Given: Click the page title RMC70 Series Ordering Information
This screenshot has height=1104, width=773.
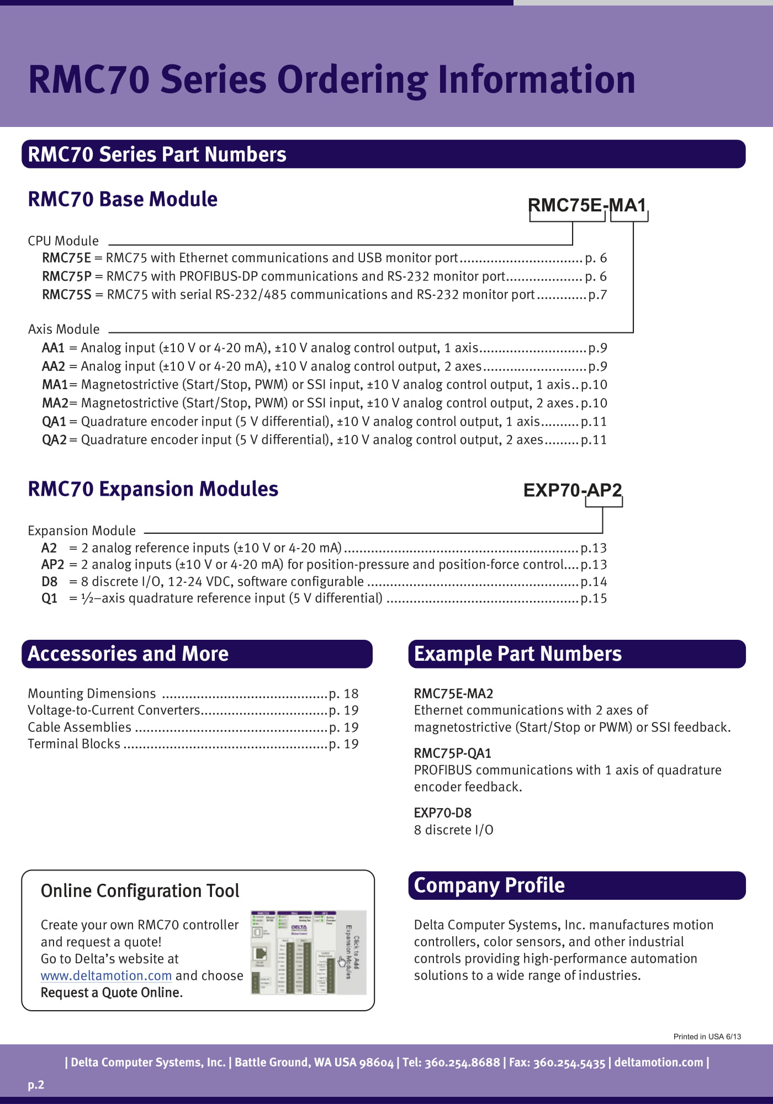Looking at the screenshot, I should coord(331,80).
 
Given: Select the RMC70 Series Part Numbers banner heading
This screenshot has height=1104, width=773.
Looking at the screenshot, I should coord(157,155).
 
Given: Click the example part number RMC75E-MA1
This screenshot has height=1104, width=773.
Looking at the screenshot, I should coord(587,205).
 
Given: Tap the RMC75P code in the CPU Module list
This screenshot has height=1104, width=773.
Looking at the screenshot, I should coord(66,277).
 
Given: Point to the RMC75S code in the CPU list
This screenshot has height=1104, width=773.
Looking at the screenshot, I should coord(66,295).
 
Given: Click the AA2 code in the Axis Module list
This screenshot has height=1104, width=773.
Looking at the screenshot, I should coord(53,367).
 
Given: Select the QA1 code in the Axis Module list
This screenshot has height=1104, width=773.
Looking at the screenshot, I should coord(54,422).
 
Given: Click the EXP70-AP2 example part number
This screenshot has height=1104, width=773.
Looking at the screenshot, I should coord(572,490).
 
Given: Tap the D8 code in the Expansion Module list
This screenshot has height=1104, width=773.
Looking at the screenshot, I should coord(49,582).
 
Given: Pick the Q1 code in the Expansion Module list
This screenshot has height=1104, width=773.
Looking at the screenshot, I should coord(49,598).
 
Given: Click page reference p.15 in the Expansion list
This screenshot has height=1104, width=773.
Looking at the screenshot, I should coord(594,598).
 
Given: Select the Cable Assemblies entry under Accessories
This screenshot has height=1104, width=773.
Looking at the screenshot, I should coord(80,728).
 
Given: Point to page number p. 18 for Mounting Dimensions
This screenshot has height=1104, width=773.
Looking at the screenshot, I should coord(343,694).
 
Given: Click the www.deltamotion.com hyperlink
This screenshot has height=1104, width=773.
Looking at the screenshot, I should coord(106,976).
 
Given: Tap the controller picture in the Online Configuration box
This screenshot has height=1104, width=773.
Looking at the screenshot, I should coord(308,952).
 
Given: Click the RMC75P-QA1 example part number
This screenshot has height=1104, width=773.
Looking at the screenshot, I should coord(452,753).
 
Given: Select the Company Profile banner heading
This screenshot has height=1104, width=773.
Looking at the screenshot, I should coord(489,885).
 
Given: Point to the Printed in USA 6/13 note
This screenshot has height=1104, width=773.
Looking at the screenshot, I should coord(707,1037).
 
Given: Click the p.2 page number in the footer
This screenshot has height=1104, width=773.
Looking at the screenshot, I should coord(36,1085).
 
